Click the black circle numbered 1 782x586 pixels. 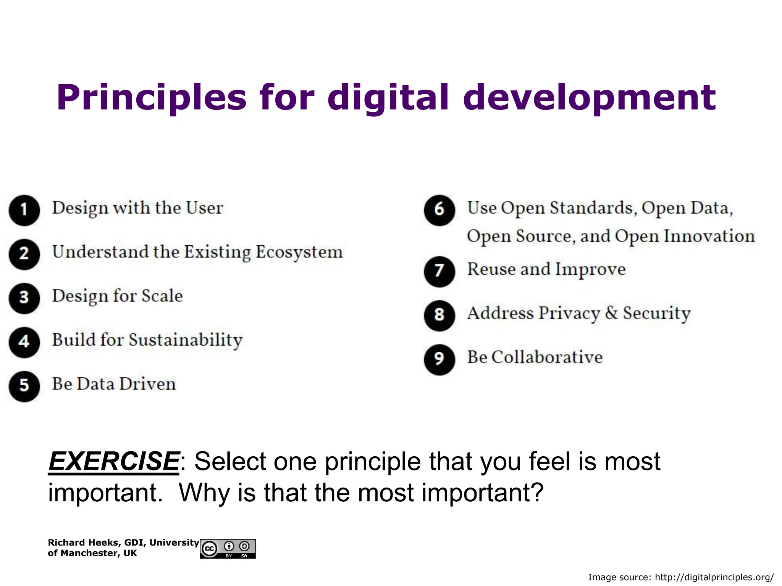tap(24, 210)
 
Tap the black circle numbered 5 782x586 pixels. tap(24, 386)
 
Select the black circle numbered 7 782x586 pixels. tap(439, 271)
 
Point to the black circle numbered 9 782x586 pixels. tap(439, 359)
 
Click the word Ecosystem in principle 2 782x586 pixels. tap(299, 253)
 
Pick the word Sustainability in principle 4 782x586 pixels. tap(186, 340)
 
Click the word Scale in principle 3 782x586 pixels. tap(162, 296)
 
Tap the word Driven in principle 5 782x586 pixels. tap(147, 384)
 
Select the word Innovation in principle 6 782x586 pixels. tap(709, 236)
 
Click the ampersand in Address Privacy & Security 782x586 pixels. tap(611, 313)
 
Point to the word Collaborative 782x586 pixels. tap(547, 357)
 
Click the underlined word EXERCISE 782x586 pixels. tap(114, 462)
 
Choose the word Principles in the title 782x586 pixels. tap(152, 98)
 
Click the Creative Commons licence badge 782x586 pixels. tap(228, 549)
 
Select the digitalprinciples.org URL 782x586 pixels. tap(714, 577)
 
